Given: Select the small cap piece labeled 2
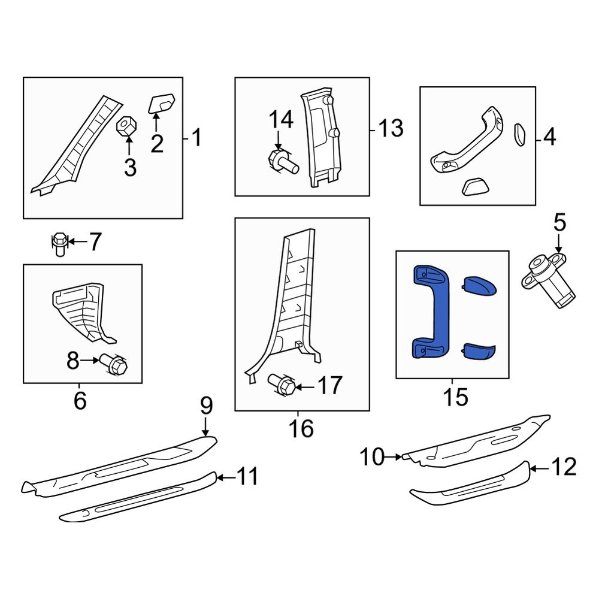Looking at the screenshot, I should click(161, 103).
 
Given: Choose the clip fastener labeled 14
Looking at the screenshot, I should click(281, 161).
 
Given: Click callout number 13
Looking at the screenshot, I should click(391, 128).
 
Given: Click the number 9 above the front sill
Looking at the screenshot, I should click(205, 407).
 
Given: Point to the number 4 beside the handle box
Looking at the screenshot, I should click(549, 138).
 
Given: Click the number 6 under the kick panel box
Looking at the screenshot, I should click(80, 400).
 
